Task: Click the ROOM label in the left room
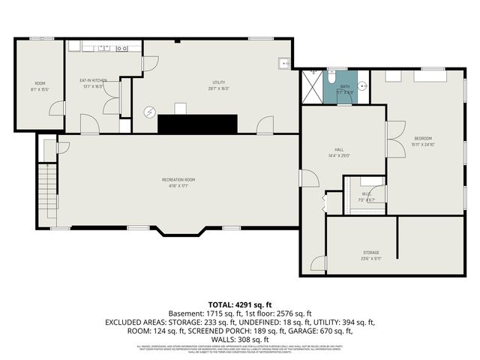[x=40, y=82]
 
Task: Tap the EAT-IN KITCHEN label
[x=94, y=79]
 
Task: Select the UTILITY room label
[x=219, y=82]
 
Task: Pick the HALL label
[x=339, y=149]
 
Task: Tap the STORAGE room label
[x=371, y=252]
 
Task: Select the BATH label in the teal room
[x=345, y=87]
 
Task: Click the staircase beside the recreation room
[x=47, y=191]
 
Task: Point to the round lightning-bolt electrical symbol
[x=148, y=112]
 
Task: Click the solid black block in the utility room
[x=197, y=124]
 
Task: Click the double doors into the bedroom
[x=391, y=139]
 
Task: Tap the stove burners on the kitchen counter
[x=121, y=49]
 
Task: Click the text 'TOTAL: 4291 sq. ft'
[x=239, y=303]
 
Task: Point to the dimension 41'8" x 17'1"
[x=178, y=186]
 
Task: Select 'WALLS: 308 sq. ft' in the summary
[x=239, y=339]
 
